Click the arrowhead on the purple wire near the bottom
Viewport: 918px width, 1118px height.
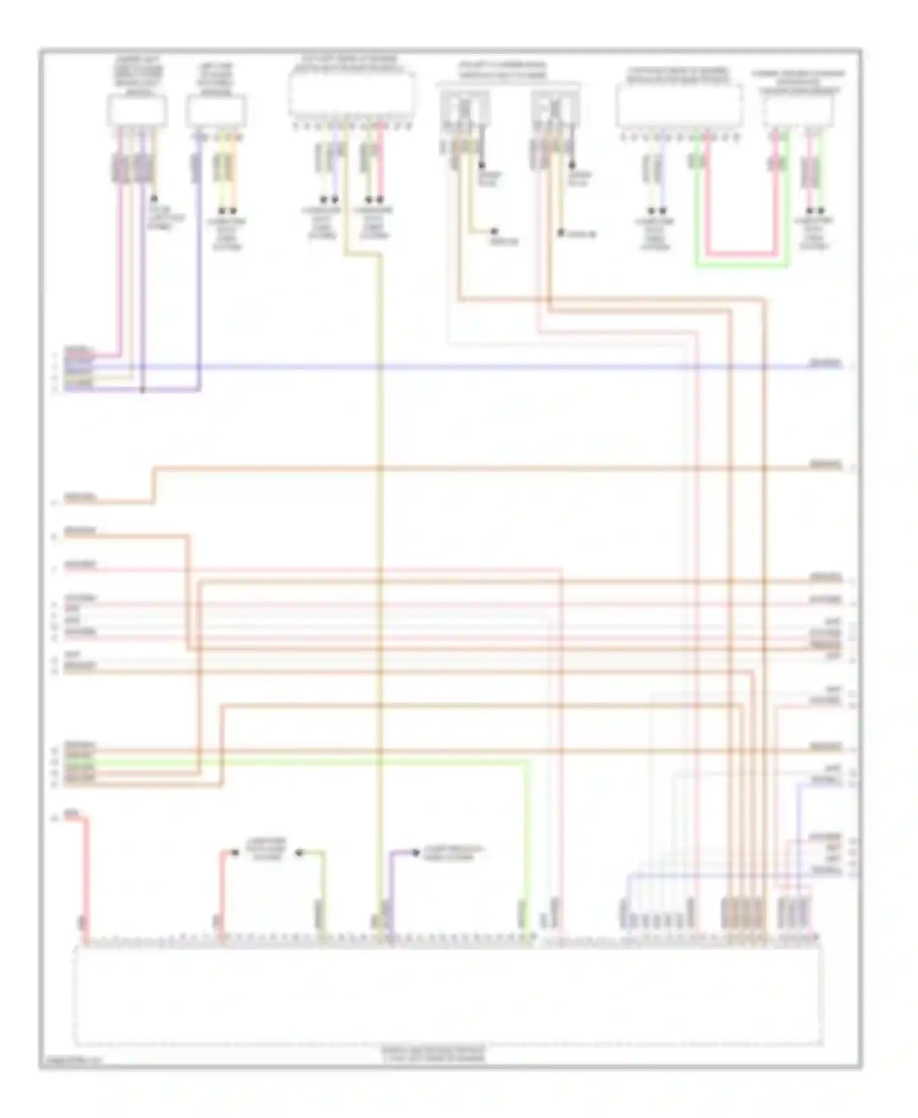click(416, 852)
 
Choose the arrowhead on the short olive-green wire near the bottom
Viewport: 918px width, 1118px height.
click(299, 853)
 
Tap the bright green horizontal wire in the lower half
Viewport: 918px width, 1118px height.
click(306, 761)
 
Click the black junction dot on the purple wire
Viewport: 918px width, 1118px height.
click(143, 390)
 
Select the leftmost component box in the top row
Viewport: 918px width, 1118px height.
click(137, 111)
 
